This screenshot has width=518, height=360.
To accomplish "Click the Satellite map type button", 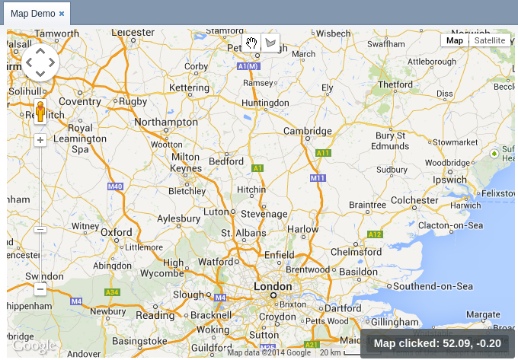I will pos(489,40).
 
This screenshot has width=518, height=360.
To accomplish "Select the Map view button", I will pos(455,40).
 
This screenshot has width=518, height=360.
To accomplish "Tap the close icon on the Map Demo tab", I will pos(62,14).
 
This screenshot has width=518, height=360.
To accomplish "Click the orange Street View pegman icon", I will pos(41,112).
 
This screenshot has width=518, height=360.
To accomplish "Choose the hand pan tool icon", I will pos(251,43).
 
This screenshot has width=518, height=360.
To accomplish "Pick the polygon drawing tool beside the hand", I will pos(270,43).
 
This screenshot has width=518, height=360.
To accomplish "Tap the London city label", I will pos(271,288).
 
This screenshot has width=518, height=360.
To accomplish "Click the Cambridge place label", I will pos(307,131).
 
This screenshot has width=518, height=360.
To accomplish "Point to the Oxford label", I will pos(117,232).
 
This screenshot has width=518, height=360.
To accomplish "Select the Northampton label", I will pos(165,122).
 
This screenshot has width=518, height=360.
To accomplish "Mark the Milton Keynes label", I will pos(186,162).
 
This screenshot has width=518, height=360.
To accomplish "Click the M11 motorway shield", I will pos(318,178).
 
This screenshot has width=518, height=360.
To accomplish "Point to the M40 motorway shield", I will pos(115,186).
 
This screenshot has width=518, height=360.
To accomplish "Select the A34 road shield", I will pos(112,292).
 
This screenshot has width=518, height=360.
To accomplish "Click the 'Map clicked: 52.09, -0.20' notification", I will pos(437,343).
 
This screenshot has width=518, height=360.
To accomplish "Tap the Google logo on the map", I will pos(34,346).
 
